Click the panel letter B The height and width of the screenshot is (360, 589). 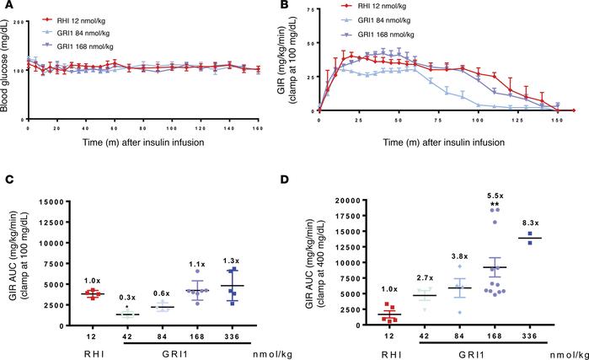297,6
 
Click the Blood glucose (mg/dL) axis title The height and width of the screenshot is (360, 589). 8,59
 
